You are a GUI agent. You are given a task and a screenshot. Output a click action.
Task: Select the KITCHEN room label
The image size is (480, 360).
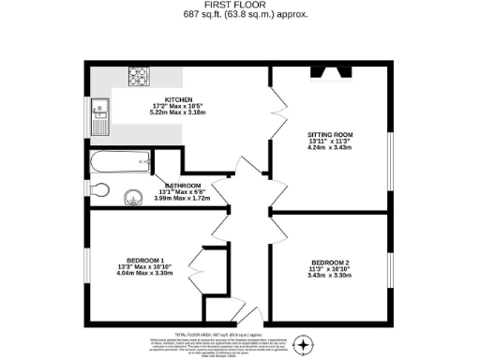pyautogui.click(x=179, y=100)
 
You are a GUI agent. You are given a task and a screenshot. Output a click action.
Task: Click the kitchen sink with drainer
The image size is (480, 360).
pyautogui.click(x=100, y=117)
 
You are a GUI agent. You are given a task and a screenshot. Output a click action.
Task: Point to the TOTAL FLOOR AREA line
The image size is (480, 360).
pyautogui.click(x=217, y=333)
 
